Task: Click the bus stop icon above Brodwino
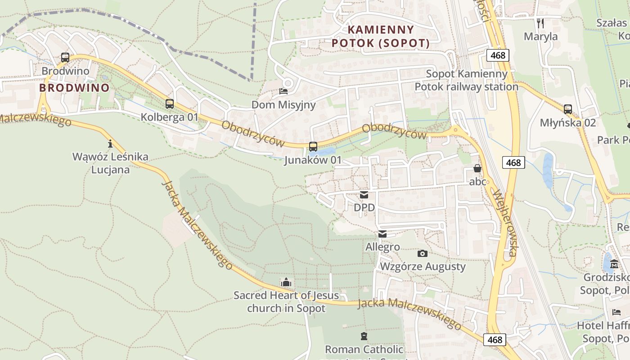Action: coord(65,58)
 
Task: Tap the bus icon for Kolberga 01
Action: coord(170,104)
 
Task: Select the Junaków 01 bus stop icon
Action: coord(313,147)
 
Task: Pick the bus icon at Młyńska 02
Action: coord(568,109)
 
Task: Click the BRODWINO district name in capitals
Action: coord(74,88)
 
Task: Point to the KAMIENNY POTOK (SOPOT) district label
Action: coord(381,37)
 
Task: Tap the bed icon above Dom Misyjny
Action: coord(283,91)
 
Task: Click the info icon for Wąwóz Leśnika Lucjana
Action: coord(110,144)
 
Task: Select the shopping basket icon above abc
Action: coord(477,169)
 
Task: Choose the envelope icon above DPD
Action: coord(364,195)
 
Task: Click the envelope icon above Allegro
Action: coord(382,234)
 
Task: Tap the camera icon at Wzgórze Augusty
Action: coord(423,254)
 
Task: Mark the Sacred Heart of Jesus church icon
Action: coord(286,283)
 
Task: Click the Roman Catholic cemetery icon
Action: coord(364,336)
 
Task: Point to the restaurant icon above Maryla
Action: coord(540,23)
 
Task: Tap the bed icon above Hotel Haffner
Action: coord(616,312)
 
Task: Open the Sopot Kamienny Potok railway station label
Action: coord(466,80)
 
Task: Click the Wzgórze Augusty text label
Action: coord(423,266)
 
